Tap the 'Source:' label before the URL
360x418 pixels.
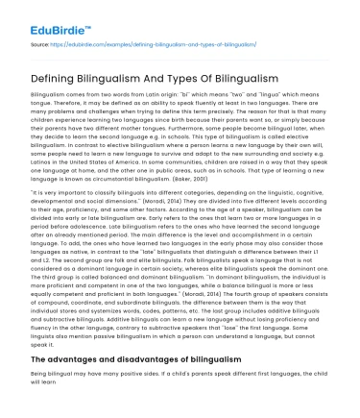(x=39, y=45)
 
